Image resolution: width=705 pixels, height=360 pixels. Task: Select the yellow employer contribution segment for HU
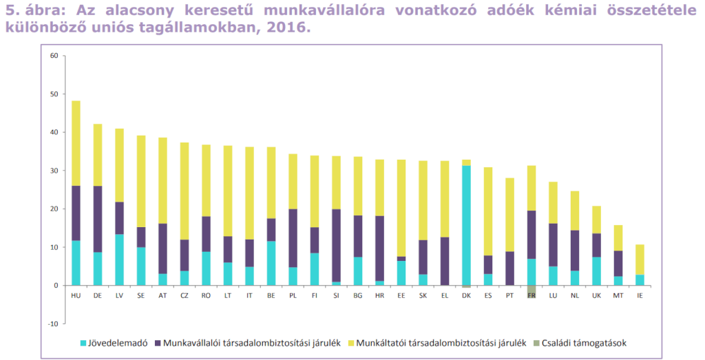tap(76, 143)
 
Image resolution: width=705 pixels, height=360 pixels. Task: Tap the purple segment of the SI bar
tap(336, 246)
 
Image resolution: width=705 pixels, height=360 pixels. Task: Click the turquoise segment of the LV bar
tap(119, 260)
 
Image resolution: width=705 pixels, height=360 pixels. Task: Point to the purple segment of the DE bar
tap(98, 219)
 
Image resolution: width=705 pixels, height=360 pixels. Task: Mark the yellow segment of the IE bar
tap(640, 260)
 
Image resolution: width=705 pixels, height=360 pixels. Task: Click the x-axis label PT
tap(509, 296)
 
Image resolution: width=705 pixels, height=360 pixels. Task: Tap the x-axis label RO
tap(206, 296)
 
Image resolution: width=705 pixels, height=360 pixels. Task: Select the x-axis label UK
tap(596, 296)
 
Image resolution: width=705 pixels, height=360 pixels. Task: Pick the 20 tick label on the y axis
tap(54, 209)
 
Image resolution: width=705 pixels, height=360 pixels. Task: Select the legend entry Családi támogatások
tap(580, 343)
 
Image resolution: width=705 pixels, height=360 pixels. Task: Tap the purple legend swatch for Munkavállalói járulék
tap(158, 343)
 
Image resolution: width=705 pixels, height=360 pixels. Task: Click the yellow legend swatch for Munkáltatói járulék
tap(351, 343)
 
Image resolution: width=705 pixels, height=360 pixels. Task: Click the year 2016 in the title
tap(288, 28)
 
